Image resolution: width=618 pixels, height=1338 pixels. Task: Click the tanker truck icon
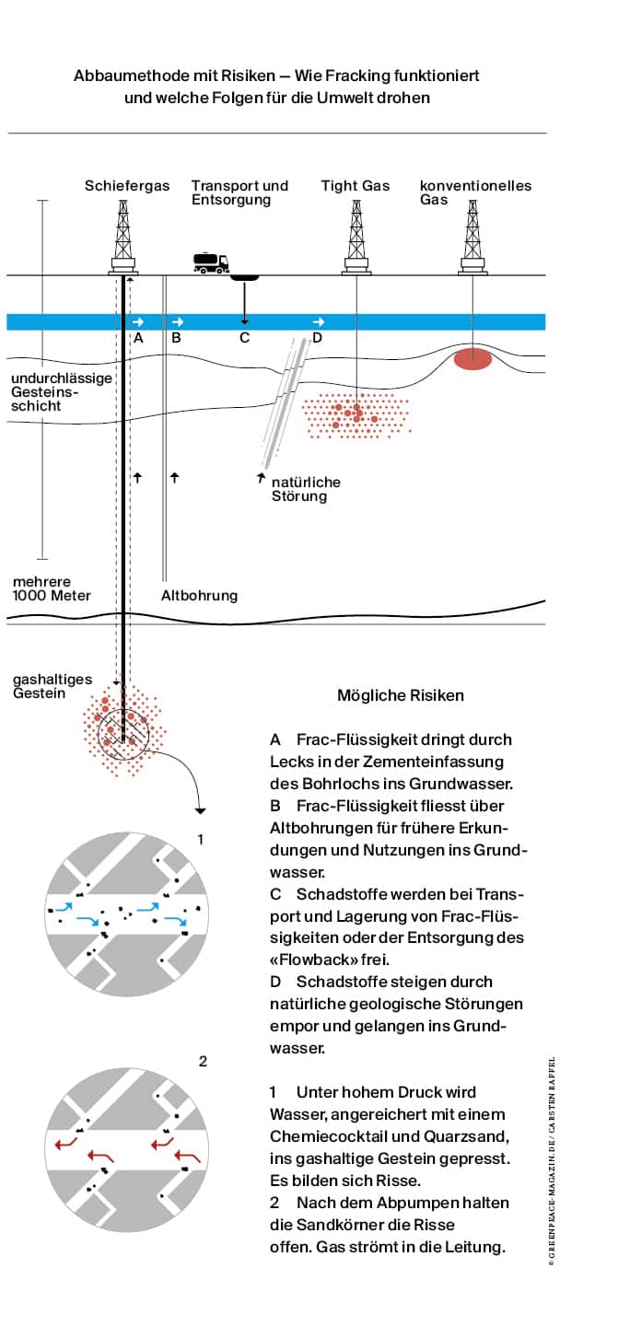[x=210, y=262]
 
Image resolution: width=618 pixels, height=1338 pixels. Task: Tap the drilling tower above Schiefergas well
[x=123, y=236]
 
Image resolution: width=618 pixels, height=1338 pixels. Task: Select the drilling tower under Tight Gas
[x=356, y=236]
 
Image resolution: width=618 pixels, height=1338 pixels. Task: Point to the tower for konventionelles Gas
[x=472, y=236]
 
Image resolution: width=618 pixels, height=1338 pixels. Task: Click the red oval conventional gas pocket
[x=473, y=359]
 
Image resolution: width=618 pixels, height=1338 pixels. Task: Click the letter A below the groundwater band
[x=138, y=338]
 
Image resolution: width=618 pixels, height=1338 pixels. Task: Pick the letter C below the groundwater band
[x=244, y=338]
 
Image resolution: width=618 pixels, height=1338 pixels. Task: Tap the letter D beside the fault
[x=317, y=338]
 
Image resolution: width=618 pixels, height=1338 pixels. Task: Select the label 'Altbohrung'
[x=199, y=595]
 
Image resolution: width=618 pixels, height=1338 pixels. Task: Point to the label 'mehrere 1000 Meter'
[x=52, y=588]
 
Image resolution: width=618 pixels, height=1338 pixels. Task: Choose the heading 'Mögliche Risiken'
[x=388, y=695]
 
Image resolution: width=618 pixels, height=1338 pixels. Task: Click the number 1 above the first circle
[x=201, y=839]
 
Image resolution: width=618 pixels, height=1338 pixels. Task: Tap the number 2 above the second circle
[x=204, y=1061]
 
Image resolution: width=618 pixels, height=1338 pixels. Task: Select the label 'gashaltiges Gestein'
[x=52, y=686]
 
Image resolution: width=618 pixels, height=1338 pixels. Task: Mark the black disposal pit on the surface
[x=244, y=276]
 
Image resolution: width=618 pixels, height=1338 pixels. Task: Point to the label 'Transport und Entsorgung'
[x=239, y=192]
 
